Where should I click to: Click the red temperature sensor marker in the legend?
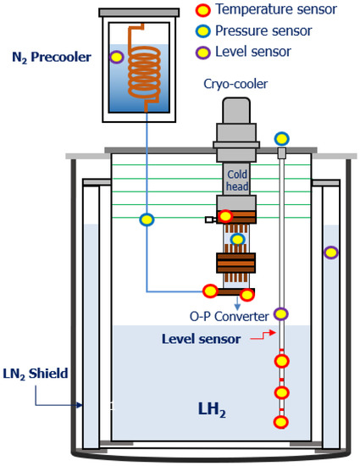point(202,10)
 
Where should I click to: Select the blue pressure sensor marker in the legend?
point(202,31)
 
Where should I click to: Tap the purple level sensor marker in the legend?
point(202,52)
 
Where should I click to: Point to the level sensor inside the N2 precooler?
point(116,58)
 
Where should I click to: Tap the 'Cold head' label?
point(236,180)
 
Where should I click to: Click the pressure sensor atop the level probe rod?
point(281,138)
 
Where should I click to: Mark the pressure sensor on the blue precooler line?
point(147,219)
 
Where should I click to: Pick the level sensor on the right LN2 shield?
point(331,252)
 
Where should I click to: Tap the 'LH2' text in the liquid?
point(212,408)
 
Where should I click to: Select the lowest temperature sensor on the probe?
point(281,422)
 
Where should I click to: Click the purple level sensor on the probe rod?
point(281,314)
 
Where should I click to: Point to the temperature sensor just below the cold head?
point(225,217)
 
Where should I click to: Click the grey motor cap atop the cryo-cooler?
point(236,111)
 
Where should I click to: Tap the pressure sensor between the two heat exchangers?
point(238,240)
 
